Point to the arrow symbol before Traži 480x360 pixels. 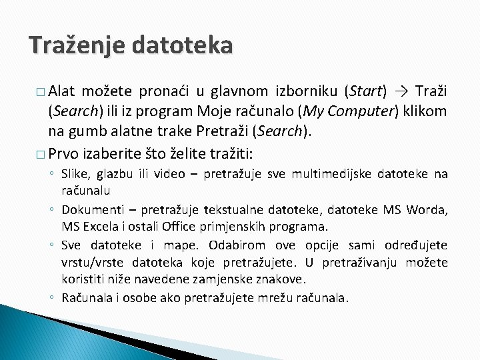click(x=401, y=91)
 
